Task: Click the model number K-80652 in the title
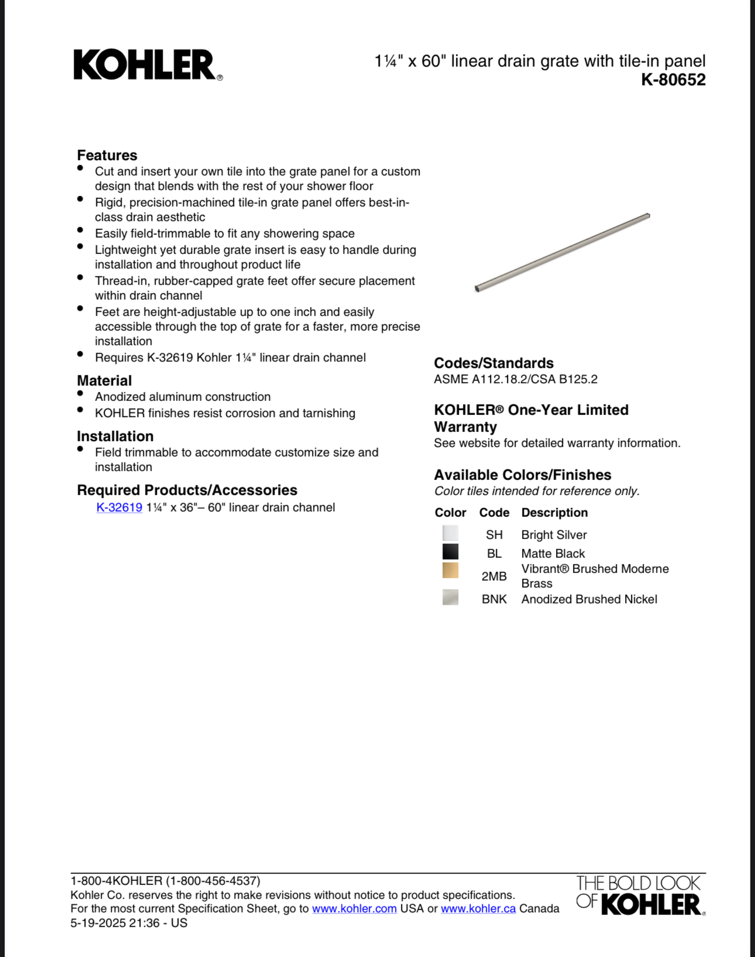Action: pyautogui.click(x=673, y=80)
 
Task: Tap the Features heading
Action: pyautogui.click(x=107, y=155)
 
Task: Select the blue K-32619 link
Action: pyautogui.click(x=119, y=507)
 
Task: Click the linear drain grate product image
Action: pyautogui.click(x=562, y=252)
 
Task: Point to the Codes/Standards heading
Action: pyautogui.click(x=493, y=363)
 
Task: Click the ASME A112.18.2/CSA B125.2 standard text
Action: pyautogui.click(x=516, y=379)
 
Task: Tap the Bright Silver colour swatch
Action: pyautogui.click(x=450, y=533)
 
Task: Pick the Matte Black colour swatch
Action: pyautogui.click(x=450, y=552)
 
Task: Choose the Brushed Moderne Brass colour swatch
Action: pyautogui.click(x=450, y=571)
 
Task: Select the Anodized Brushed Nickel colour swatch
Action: pyautogui.click(x=450, y=598)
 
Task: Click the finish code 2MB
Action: pyautogui.click(x=494, y=577)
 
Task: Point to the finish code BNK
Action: pyautogui.click(x=494, y=599)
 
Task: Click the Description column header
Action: pyautogui.click(x=554, y=513)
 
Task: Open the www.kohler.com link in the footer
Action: pyautogui.click(x=354, y=909)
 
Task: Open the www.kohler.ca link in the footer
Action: pyautogui.click(x=478, y=909)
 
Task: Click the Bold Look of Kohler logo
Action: pyautogui.click(x=640, y=895)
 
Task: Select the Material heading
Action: pyautogui.click(x=104, y=380)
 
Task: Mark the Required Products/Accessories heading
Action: pyautogui.click(x=187, y=490)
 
